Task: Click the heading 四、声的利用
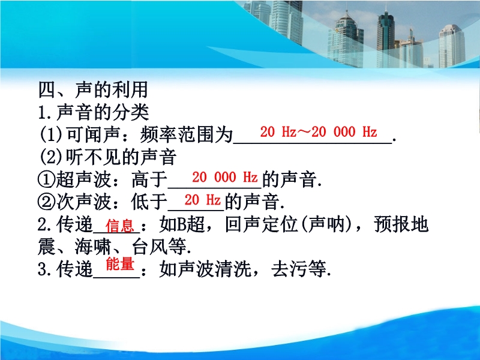93,89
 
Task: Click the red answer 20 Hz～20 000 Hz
319,132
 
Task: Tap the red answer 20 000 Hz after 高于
224,177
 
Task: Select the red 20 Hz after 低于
202,200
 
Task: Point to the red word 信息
119,226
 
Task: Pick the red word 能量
120,264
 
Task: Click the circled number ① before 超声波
47,179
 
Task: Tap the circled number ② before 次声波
47,202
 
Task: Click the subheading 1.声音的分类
94,112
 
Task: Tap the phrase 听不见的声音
121,157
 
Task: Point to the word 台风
150,247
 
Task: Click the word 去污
289,269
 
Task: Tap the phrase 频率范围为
187,134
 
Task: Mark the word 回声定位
262,224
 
